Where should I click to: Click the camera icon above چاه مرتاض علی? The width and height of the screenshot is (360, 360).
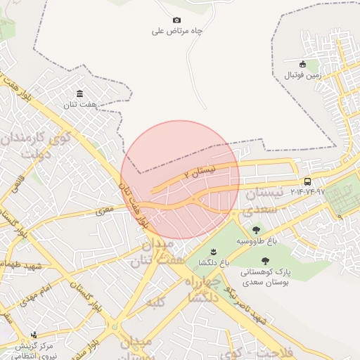click(176, 20)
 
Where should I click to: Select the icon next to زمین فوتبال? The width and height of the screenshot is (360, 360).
click(303, 64)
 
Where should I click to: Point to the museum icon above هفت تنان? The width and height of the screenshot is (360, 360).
click(79, 94)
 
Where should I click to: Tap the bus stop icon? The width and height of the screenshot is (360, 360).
click(308, 181)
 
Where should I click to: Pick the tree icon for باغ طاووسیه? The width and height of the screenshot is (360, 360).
click(255, 230)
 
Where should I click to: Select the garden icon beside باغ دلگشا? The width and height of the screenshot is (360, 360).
click(212, 251)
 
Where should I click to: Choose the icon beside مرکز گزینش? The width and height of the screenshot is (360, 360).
click(33, 335)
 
